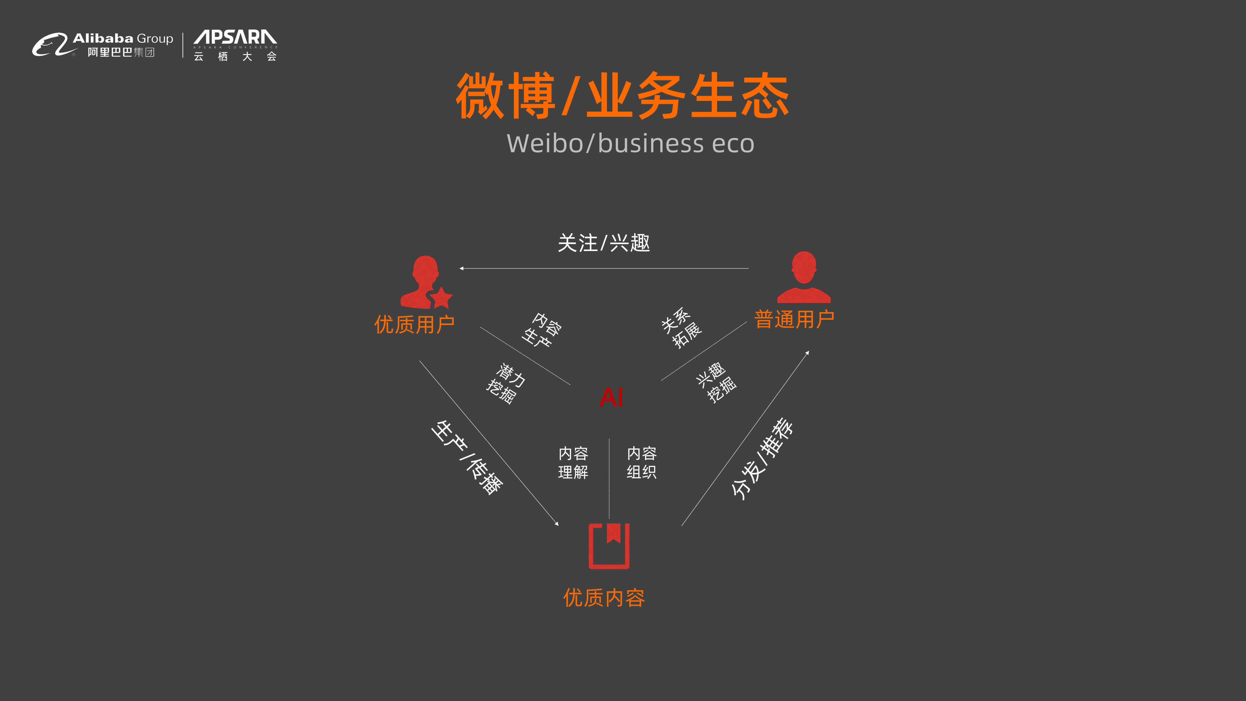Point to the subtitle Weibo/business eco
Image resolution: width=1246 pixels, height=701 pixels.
click(630, 144)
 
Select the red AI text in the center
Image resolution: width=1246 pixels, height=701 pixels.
click(611, 398)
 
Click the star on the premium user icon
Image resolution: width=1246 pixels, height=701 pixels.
click(441, 298)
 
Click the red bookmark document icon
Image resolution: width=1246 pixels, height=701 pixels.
click(609, 546)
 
